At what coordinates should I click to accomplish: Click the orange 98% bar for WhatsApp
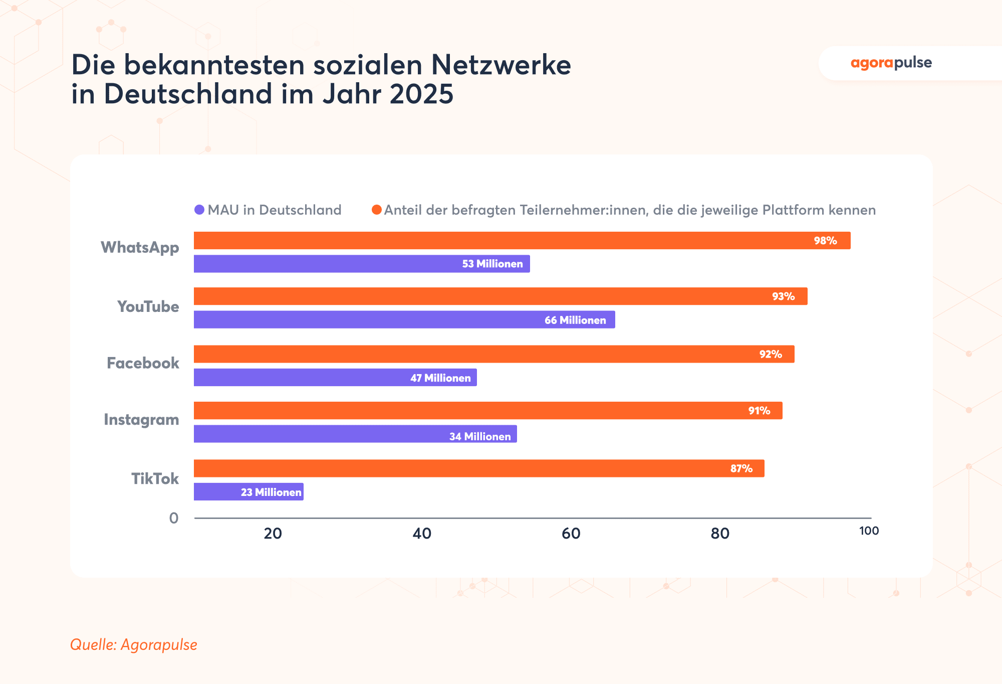click(x=521, y=241)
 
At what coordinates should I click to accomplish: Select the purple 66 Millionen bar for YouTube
click(x=404, y=320)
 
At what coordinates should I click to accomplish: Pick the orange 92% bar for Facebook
click(x=493, y=354)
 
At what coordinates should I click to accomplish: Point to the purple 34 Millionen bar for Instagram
click(x=355, y=434)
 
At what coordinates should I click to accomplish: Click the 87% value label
click(x=741, y=469)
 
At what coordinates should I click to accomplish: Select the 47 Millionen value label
click(x=440, y=378)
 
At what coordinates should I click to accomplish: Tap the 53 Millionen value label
click(x=492, y=264)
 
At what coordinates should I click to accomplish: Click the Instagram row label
click(x=141, y=420)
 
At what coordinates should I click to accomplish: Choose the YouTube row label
click(x=148, y=306)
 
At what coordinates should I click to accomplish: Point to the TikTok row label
click(x=155, y=479)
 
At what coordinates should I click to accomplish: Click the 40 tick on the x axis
click(x=422, y=534)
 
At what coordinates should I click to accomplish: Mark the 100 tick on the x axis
click(x=869, y=531)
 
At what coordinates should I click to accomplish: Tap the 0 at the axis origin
click(x=174, y=518)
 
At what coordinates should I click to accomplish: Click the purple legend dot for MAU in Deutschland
click(x=199, y=210)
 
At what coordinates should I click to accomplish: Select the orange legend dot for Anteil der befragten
click(x=376, y=210)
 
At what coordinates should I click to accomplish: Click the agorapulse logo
click(x=891, y=63)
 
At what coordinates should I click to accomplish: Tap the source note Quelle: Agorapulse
click(x=133, y=644)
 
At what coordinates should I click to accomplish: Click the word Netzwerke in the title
click(x=500, y=65)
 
